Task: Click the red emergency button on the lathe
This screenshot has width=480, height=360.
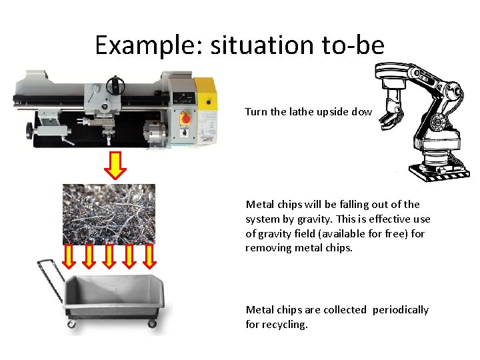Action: pyautogui.click(x=187, y=119)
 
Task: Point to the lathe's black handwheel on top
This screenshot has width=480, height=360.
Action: pyautogui.click(x=117, y=85)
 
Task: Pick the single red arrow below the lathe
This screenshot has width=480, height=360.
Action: pyautogui.click(x=117, y=165)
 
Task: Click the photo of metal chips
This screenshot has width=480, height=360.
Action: pyautogui.click(x=109, y=214)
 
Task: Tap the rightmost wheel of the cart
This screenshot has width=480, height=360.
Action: pyautogui.click(x=151, y=323)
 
